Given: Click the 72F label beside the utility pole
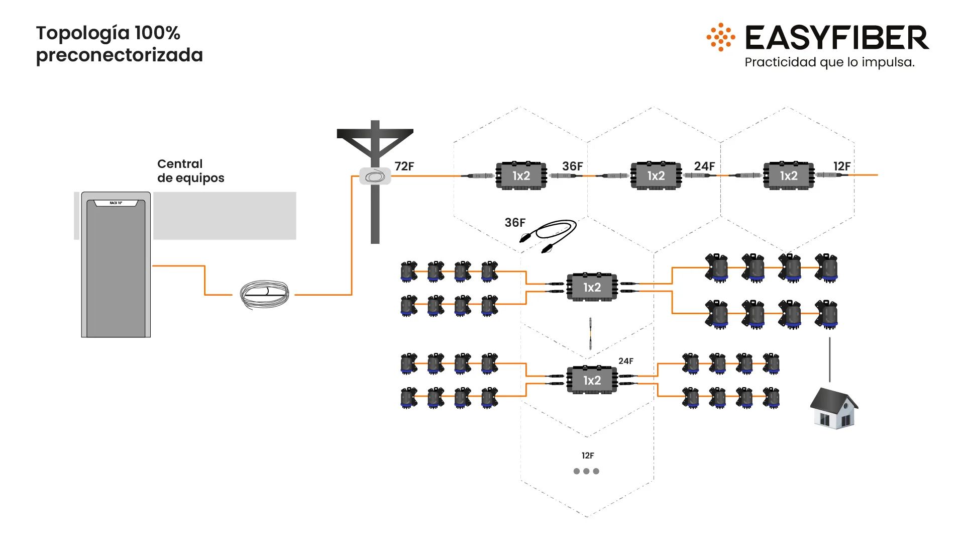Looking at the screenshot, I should coord(404,166).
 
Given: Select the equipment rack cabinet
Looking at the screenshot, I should coord(116,264).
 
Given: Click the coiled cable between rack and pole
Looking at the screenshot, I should coord(264,294).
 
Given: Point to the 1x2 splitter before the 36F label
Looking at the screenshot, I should coord(521,175).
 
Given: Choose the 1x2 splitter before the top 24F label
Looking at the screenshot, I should coord(656,175).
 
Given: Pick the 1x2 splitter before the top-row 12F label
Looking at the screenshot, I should coord(788,175).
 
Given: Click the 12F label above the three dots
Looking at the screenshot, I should coord(587,456).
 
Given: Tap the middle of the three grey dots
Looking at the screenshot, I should coord(586,471).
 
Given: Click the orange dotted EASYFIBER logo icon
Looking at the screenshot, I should coord(721,37).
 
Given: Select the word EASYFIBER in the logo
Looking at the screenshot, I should coord(836,38).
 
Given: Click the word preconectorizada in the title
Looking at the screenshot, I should coord(120,55).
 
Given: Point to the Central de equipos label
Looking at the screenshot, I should coord(190,171).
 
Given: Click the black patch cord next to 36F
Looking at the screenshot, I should coord(550,235).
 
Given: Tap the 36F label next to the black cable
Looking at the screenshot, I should coord(515,223).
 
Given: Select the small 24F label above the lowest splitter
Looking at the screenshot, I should coord(625,361).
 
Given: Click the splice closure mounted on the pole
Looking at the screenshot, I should coord(375,176).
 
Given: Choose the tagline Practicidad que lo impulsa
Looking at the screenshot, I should coord(829,62).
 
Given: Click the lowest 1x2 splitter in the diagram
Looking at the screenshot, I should coord(592,380).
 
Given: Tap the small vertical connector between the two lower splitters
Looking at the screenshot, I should coord(591,333).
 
